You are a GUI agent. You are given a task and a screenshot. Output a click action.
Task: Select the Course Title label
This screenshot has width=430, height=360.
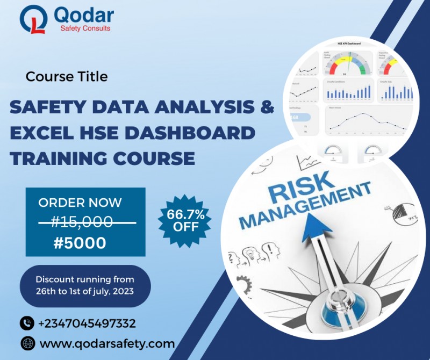(x=67, y=77)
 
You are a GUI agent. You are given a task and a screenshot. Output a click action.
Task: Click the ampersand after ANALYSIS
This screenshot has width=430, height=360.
(x=267, y=106)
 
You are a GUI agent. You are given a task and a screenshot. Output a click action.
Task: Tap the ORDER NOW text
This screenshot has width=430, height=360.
(x=80, y=203)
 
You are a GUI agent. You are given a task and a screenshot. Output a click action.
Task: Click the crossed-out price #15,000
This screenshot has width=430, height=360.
(x=82, y=221)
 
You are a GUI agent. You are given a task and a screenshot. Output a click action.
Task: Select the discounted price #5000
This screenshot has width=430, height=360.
(x=80, y=243)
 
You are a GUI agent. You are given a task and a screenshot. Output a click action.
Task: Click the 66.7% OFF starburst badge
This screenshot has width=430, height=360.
(x=185, y=220)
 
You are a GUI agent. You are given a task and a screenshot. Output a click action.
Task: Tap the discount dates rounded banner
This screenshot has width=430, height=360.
(x=85, y=286)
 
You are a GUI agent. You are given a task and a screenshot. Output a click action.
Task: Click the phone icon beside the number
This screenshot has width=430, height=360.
(x=27, y=323)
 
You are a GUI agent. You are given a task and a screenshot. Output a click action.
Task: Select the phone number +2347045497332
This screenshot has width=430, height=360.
(x=87, y=323)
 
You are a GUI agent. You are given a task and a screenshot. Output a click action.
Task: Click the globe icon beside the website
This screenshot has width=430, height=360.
(x=27, y=343)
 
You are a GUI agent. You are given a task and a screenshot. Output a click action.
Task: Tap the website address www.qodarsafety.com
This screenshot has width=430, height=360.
(x=107, y=343)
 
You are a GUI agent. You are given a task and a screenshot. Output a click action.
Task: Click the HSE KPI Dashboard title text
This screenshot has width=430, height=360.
(x=349, y=43)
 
